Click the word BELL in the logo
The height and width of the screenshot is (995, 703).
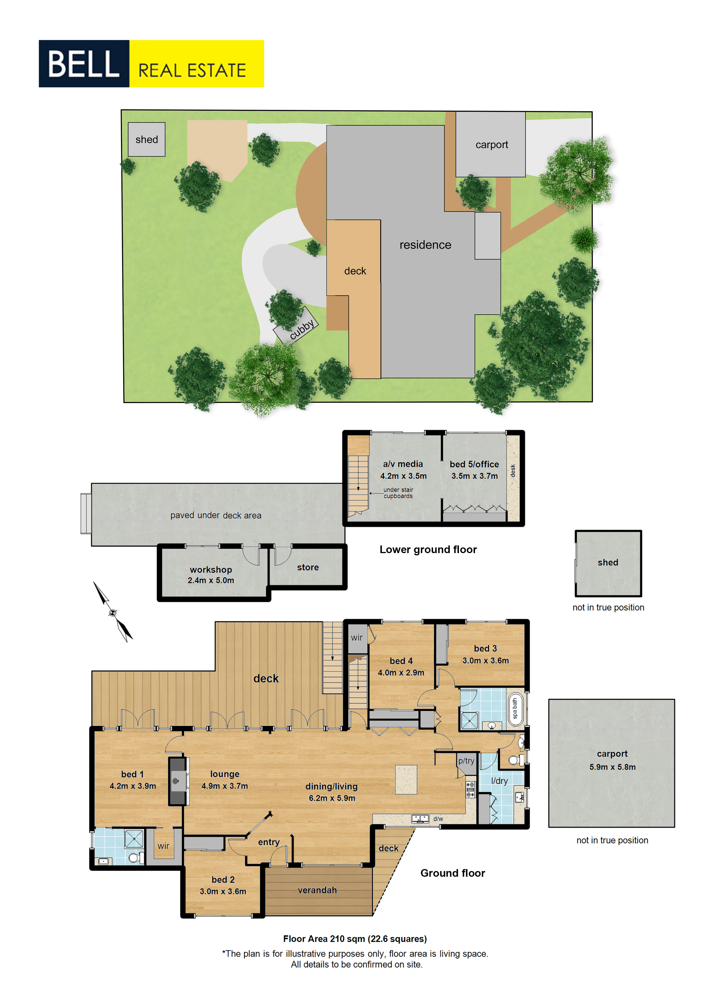coord(84,64)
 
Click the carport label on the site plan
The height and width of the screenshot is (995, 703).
coord(492,145)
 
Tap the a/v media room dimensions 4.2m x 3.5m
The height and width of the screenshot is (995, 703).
coord(403,476)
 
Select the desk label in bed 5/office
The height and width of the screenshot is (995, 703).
coord(513,471)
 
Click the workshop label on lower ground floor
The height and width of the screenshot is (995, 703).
coord(211,570)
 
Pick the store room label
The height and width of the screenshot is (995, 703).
coord(308,567)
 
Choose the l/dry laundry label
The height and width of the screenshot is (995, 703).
coord(499,781)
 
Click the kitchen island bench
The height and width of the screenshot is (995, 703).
coord(406,780)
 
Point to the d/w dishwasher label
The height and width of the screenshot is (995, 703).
coord(438,819)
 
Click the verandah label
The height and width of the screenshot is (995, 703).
coord(317,890)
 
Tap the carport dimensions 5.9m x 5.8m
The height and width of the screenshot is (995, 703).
coord(613,767)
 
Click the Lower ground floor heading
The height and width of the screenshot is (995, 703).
coord(428,549)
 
